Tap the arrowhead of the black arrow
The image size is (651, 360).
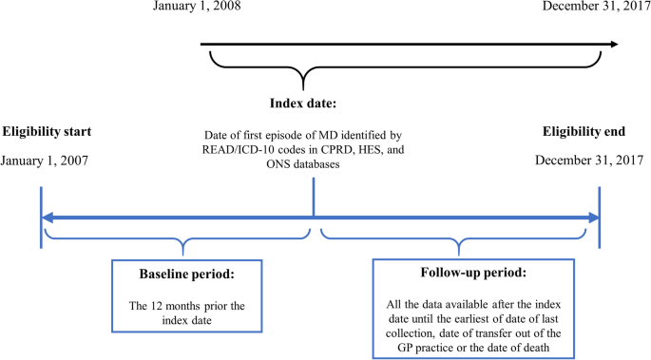(612, 44)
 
